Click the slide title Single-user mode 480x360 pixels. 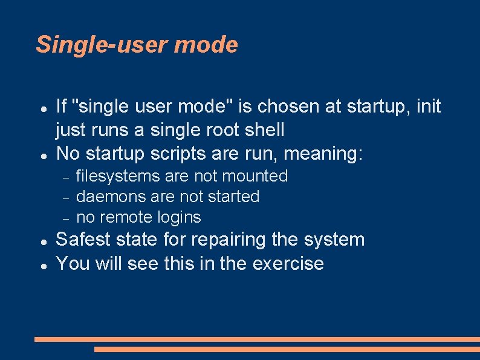coord(137,45)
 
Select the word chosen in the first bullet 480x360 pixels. coord(288,106)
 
